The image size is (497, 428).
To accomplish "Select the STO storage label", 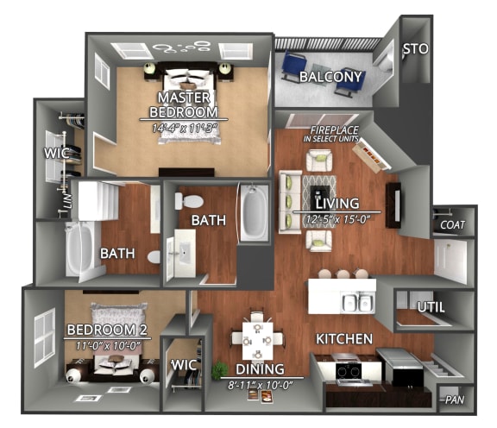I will coord(416,49).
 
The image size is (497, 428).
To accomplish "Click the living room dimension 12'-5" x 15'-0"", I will coord(336,218).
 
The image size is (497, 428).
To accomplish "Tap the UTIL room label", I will coord(430,306).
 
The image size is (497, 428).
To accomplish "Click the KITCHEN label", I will coord(343,338).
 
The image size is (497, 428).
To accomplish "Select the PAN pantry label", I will coord(454,400).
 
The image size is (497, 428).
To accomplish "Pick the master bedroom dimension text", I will coord(185,128).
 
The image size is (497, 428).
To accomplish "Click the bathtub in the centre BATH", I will coord(253,211).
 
